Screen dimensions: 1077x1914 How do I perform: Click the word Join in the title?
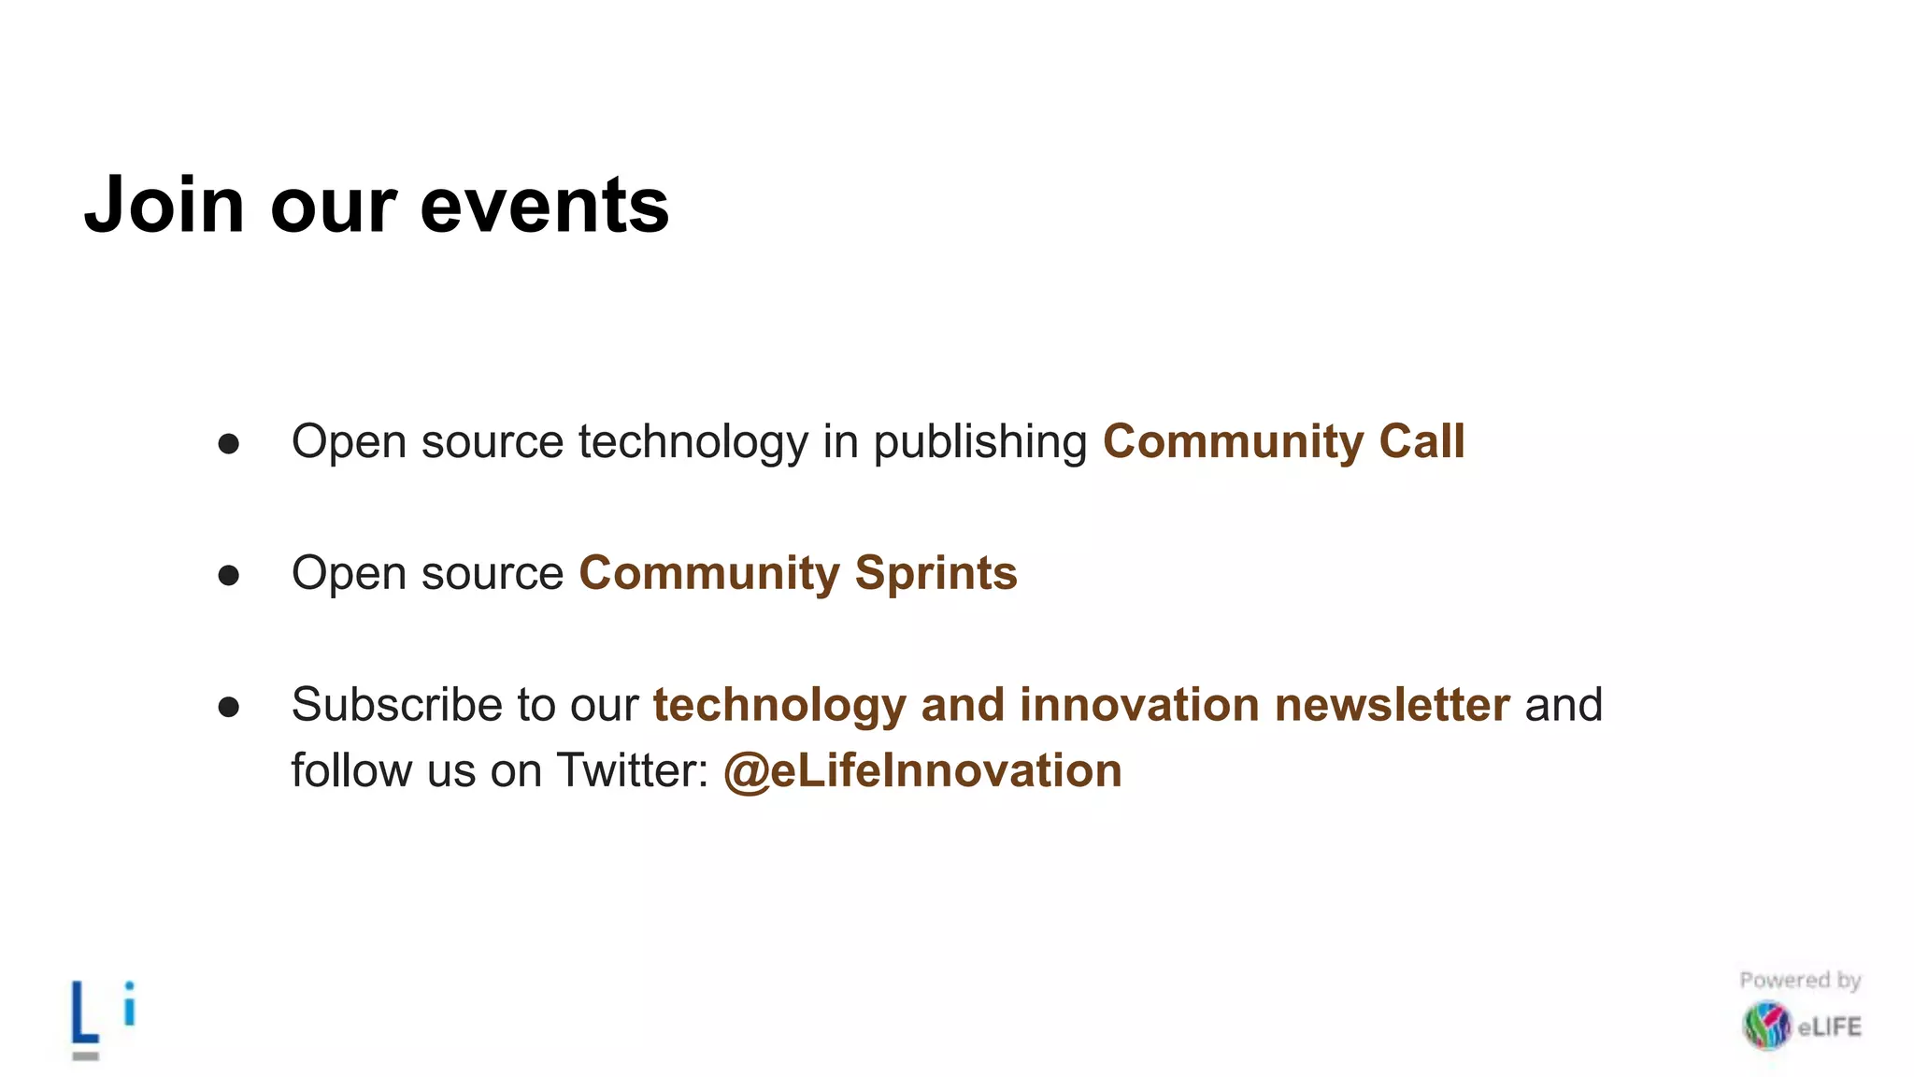point(164,205)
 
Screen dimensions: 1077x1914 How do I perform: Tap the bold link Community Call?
point(1283,441)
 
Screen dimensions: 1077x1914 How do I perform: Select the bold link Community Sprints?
point(797,573)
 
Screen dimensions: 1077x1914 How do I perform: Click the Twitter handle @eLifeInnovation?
point(922,771)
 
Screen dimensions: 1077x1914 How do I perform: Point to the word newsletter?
point(1392,705)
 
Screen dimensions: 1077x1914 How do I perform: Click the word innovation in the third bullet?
point(1139,705)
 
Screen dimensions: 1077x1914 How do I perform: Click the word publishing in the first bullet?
point(979,443)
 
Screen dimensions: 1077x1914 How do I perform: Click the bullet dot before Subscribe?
point(229,708)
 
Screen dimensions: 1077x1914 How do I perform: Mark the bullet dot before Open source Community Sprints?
point(229,576)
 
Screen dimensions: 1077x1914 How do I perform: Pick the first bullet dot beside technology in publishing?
point(229,444)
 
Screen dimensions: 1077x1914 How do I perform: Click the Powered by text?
point(1800,981)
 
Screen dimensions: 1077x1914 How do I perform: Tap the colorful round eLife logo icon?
point(1765,1026)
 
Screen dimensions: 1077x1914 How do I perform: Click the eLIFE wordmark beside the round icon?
point(1830,1027)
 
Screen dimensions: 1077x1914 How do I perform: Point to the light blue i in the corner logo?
point(130,1004)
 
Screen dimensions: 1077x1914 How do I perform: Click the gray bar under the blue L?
point(85,1055)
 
